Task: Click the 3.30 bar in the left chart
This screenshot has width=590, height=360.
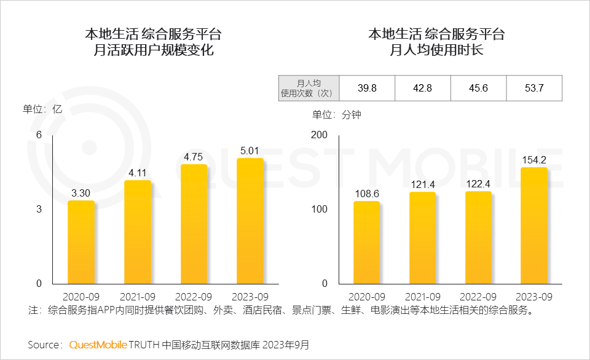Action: point(81,242)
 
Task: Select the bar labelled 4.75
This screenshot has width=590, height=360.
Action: point(194,224)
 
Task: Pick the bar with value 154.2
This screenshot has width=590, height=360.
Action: point(533,225)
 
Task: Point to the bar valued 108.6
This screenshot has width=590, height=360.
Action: point(366,242)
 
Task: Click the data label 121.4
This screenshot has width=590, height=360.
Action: point(422,185)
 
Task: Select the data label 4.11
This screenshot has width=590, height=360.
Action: point(137,173)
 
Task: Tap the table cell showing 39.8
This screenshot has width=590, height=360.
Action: point(367,88)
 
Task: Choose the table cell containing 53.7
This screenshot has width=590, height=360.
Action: point(533,88)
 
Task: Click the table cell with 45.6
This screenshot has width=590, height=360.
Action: point(478,88)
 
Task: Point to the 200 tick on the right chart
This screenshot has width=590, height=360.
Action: point(320,135)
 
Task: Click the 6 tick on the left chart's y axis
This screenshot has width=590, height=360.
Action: point(39,135)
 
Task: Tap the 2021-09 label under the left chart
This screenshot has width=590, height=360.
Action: point(137,296)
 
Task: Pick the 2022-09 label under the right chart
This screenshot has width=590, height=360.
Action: point(478,296)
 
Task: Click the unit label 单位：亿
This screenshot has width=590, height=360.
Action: point(43,109)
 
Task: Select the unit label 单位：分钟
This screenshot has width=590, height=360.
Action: point(336,115)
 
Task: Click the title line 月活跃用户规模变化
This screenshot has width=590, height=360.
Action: point(153,50)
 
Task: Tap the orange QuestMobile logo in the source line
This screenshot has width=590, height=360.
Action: point(98,345)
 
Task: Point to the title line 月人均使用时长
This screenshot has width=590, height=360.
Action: point(436,50)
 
